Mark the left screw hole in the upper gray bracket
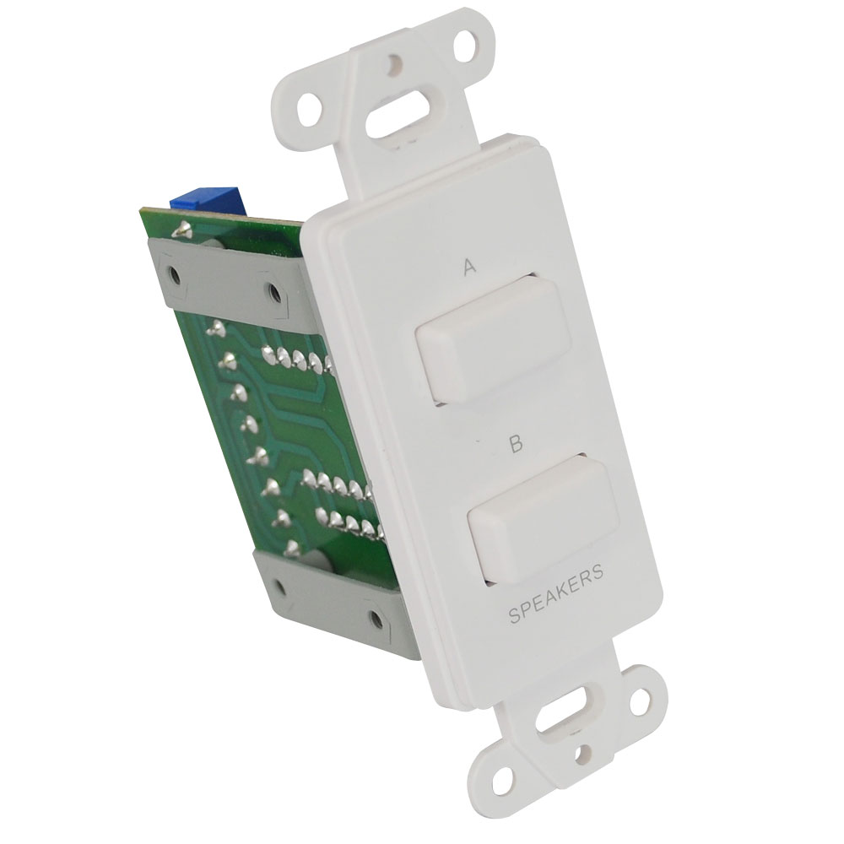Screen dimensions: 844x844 click(x=175, y=274)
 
